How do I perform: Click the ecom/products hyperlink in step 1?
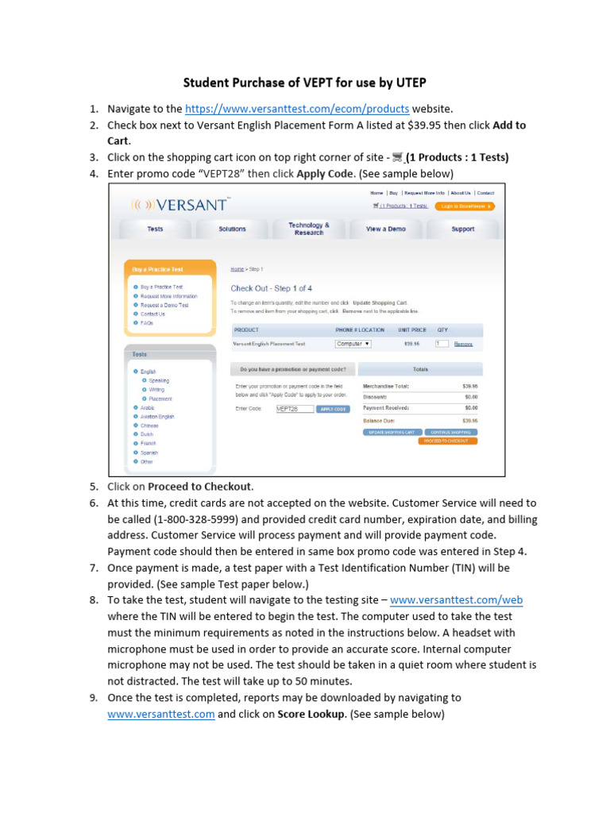[x=297, y=110]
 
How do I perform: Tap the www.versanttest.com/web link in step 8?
[x=457, y=600]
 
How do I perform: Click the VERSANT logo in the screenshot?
[x=180, y=205]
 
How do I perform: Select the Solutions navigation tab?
[x=232, y=229]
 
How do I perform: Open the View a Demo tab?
[x=385, y=229]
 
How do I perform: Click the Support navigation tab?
[x=462, y=229]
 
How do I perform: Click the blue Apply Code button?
[x=332, y=409]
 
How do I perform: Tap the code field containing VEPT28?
[x=294, y=409]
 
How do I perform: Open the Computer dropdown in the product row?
[x=353, y=344]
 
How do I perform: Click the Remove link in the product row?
[x=463, y=344]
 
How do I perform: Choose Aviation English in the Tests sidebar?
[x=157, y=417]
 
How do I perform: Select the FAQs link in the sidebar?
[x=147, y=323]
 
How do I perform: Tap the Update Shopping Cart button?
[x=390, y=432]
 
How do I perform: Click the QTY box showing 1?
[x=442, y=344]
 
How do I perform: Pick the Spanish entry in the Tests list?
[x=149, y=453]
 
